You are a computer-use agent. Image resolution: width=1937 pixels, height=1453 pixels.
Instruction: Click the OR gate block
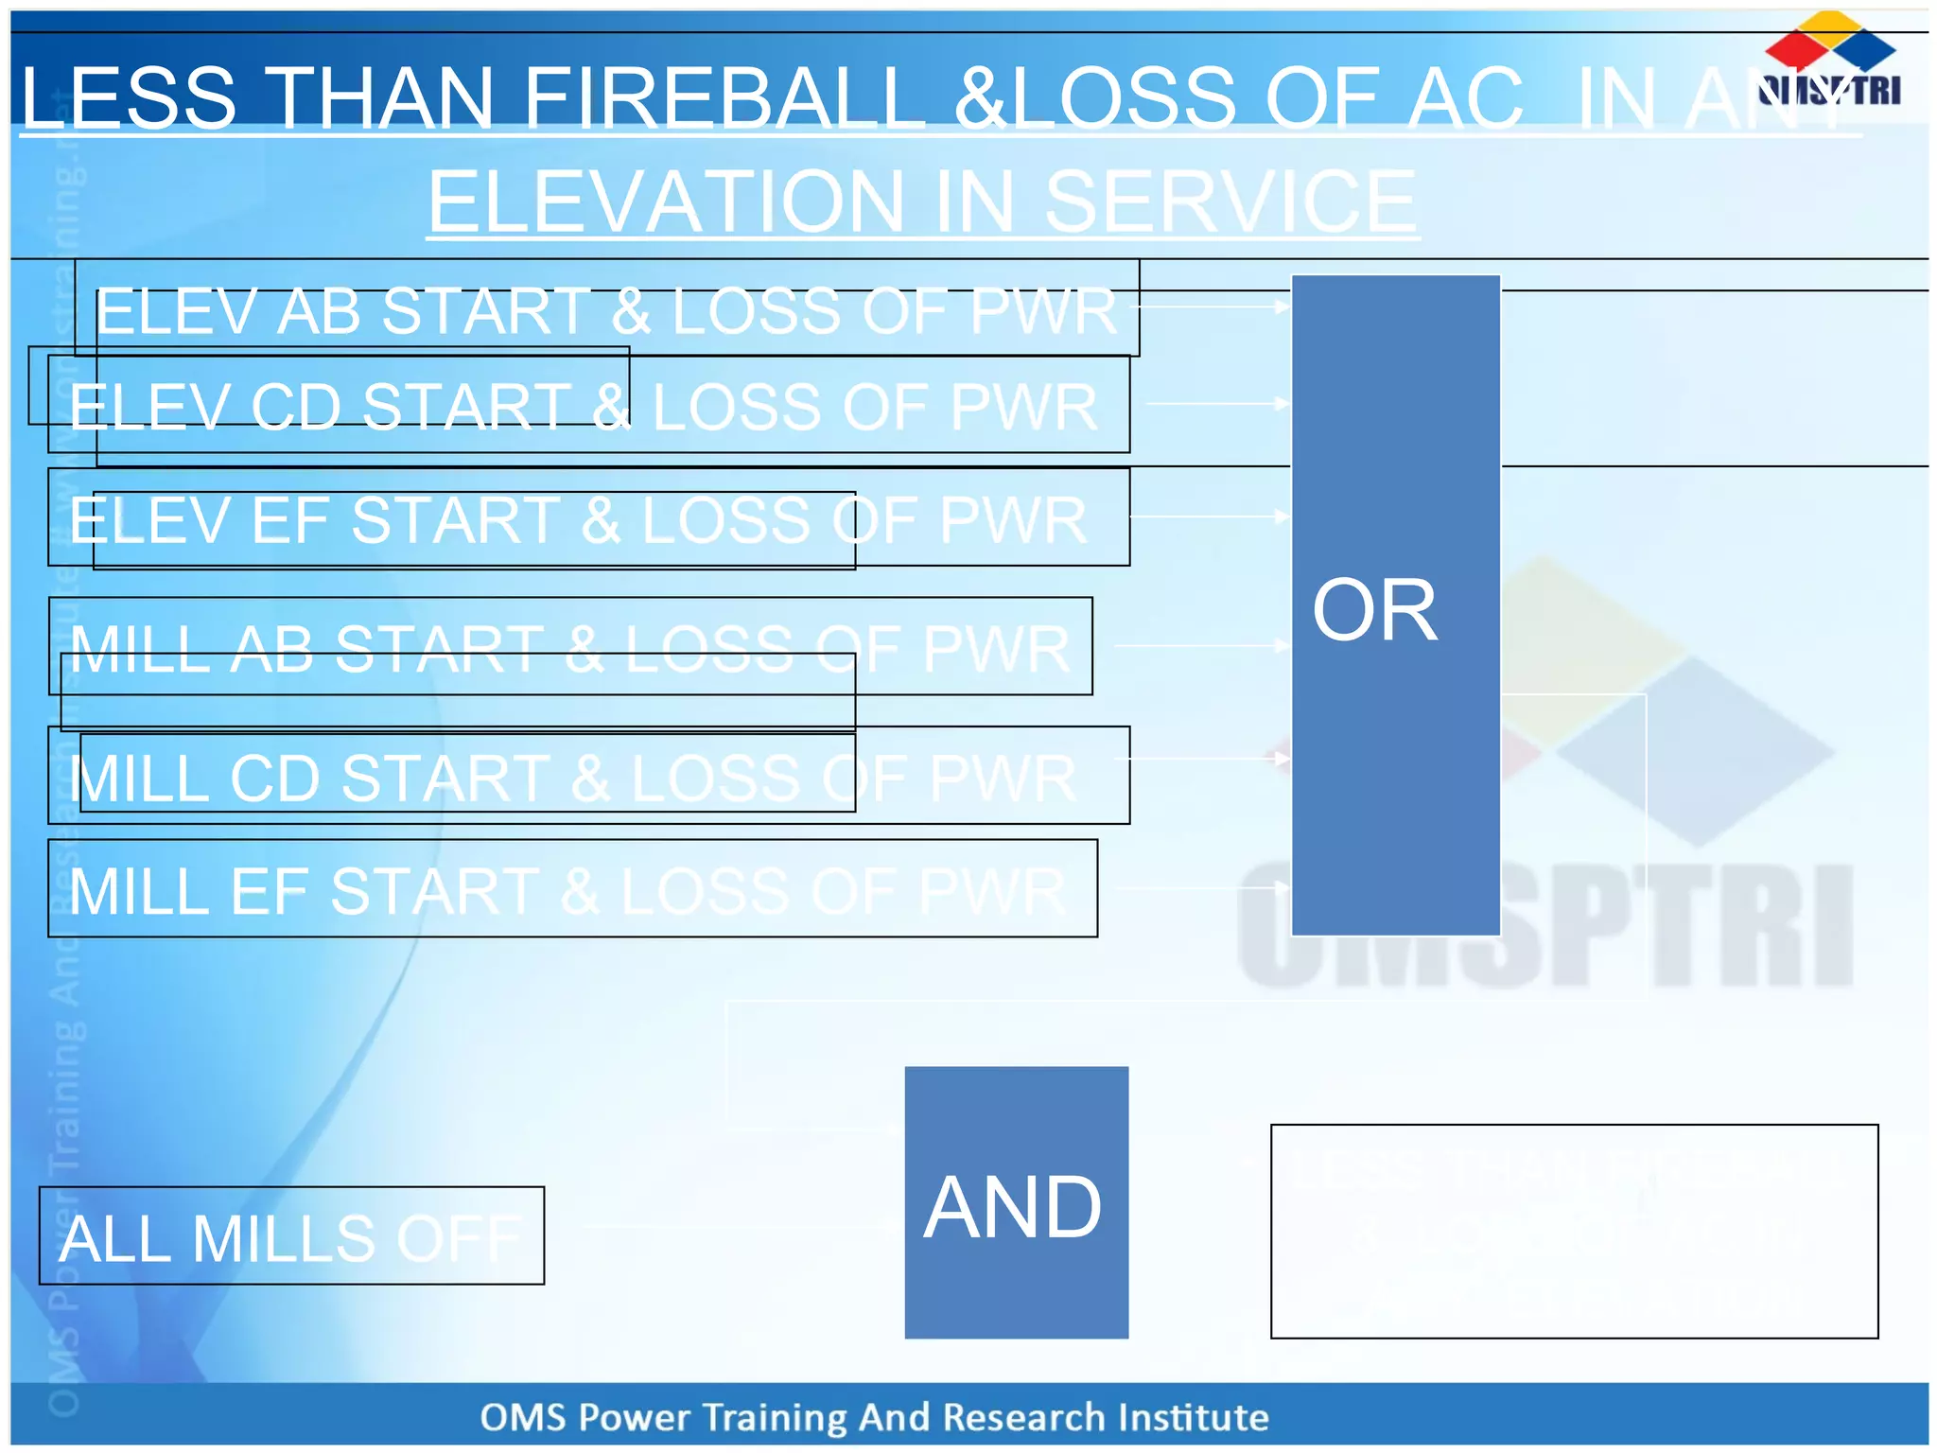1395,605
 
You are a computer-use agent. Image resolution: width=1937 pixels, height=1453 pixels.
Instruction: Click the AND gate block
1016,1202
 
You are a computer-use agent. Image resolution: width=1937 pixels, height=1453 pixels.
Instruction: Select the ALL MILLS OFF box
291,1236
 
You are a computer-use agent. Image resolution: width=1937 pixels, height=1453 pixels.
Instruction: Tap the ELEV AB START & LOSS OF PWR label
606,310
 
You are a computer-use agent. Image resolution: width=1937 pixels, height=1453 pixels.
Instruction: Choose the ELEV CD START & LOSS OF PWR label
584,407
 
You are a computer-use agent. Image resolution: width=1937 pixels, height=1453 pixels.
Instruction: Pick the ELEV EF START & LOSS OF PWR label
579,519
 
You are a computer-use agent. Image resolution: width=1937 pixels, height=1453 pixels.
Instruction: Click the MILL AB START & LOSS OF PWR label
570,648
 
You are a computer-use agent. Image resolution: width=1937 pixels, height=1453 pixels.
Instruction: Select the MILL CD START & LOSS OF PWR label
573,778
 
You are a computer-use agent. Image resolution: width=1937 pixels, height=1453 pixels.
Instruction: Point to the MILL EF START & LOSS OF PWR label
567,890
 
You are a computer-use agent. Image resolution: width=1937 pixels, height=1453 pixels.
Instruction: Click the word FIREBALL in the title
724,97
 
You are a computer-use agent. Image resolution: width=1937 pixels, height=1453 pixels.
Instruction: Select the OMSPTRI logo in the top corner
1829,61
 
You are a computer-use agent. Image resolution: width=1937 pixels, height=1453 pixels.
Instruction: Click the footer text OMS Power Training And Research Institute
874,1417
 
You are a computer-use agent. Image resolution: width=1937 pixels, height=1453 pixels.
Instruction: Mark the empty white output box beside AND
1574,1231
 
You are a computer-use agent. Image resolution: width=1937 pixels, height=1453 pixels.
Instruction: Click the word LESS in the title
129,97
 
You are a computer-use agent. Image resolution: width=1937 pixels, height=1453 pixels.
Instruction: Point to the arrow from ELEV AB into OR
1214,306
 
